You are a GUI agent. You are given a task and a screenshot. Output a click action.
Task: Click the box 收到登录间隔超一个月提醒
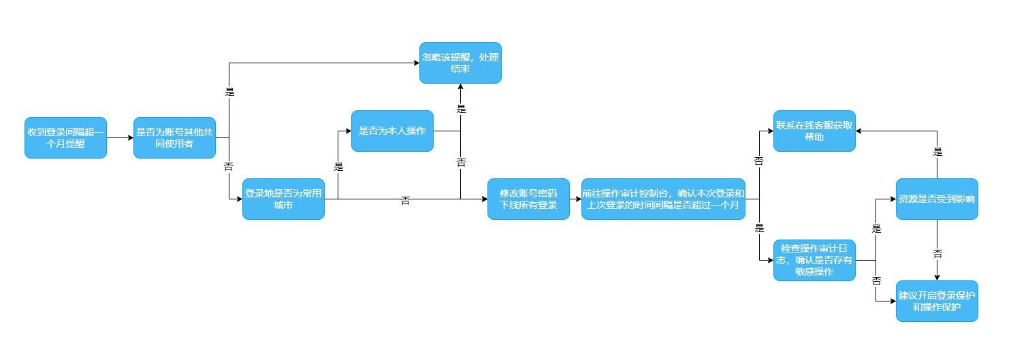click(x=65, y=137)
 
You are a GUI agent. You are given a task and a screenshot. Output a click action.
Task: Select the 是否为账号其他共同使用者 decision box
click(x=174, y=137)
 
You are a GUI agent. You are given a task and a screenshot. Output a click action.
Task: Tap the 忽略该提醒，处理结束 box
click(x=460, y=63)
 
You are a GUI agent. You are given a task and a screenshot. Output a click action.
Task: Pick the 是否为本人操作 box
click(x=392, y=131)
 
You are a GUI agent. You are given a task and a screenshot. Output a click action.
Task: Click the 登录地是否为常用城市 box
click(x=283, y=199)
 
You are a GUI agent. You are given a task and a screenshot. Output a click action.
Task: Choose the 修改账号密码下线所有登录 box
click(x=528, y=199)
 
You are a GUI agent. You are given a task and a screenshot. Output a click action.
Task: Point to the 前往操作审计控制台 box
click(x=664, y=199)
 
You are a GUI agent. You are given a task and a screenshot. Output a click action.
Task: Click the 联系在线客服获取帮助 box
click(x=814, y=131)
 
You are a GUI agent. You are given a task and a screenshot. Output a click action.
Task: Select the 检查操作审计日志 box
click(x=814, y=260)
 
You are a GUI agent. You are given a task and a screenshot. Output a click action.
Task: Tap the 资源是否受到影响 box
click(x=937, y=199)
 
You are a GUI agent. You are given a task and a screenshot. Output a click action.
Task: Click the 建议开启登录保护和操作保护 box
click(x=937, y=301)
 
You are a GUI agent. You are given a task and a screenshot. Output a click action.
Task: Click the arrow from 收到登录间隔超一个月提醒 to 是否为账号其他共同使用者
click(x=120, y=137)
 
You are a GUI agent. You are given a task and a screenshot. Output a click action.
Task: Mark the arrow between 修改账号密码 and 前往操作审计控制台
click(x=575, y=199)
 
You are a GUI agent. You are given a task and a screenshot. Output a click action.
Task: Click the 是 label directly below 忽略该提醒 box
click(x=461, y=109)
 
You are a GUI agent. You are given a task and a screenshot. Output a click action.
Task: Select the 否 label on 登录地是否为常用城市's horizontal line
click(x=405, y=201)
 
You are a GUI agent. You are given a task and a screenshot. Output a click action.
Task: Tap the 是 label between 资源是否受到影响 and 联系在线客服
click(x=937, y=152)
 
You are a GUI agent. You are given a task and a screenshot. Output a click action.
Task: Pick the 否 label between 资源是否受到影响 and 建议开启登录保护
click(x=937, y=253)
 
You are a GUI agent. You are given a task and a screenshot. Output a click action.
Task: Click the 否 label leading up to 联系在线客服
click(x=759, y=161)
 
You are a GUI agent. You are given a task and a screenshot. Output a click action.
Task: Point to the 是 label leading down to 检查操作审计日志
click(x=760, y=229)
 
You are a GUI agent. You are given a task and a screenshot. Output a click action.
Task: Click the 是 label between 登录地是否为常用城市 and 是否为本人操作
click(x=338, y=167)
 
